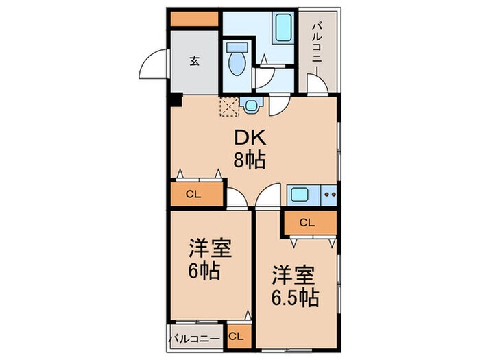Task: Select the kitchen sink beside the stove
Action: pyautogui.click(x=300, y=194)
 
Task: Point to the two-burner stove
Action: pyautogui.click(x=329, y=194)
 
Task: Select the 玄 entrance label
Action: pyautogui.click(x=194, y=60)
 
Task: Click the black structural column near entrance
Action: pyautogui.click(x=175, y=100)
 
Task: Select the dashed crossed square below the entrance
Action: pyautogui.click(x=228, y=105)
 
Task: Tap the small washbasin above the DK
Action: pyautogui.click(x=252, y=105)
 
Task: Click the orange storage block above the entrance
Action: pyautogui.click(x=194, y=19)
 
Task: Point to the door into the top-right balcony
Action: pyautogui.click(x=317, y=86)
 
